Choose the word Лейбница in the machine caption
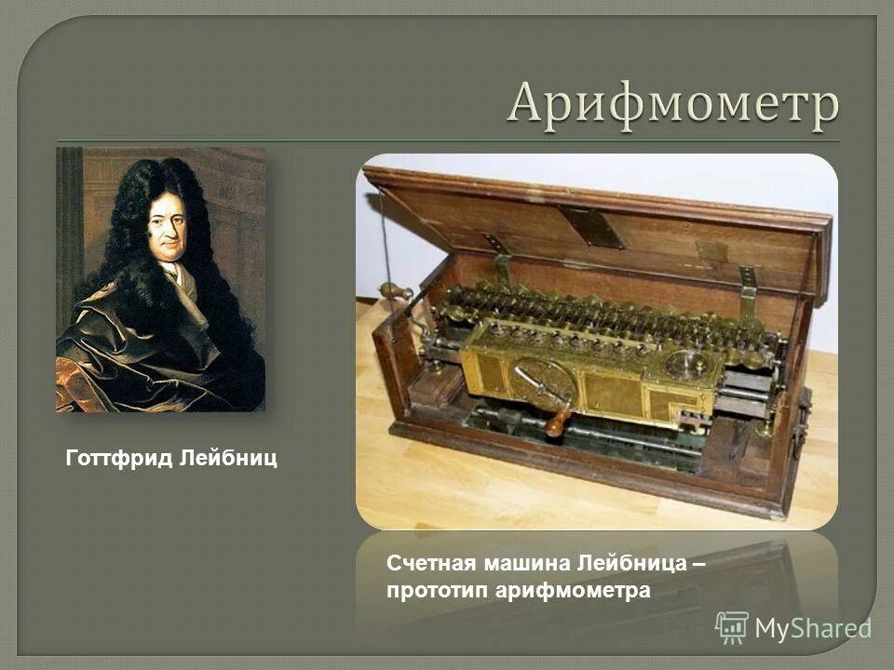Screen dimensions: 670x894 tap(631, 564)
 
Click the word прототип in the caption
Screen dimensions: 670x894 tap(436, 591)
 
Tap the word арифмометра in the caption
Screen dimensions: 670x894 tap(572, 591)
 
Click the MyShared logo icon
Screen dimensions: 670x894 tap(732, 628)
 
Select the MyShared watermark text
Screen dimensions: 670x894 tap(812, 629)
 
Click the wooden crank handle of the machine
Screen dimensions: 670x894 tap(556, 422)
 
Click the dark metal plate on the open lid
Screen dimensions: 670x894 tap(591, 226)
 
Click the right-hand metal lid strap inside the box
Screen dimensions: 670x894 tap(747, 290)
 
